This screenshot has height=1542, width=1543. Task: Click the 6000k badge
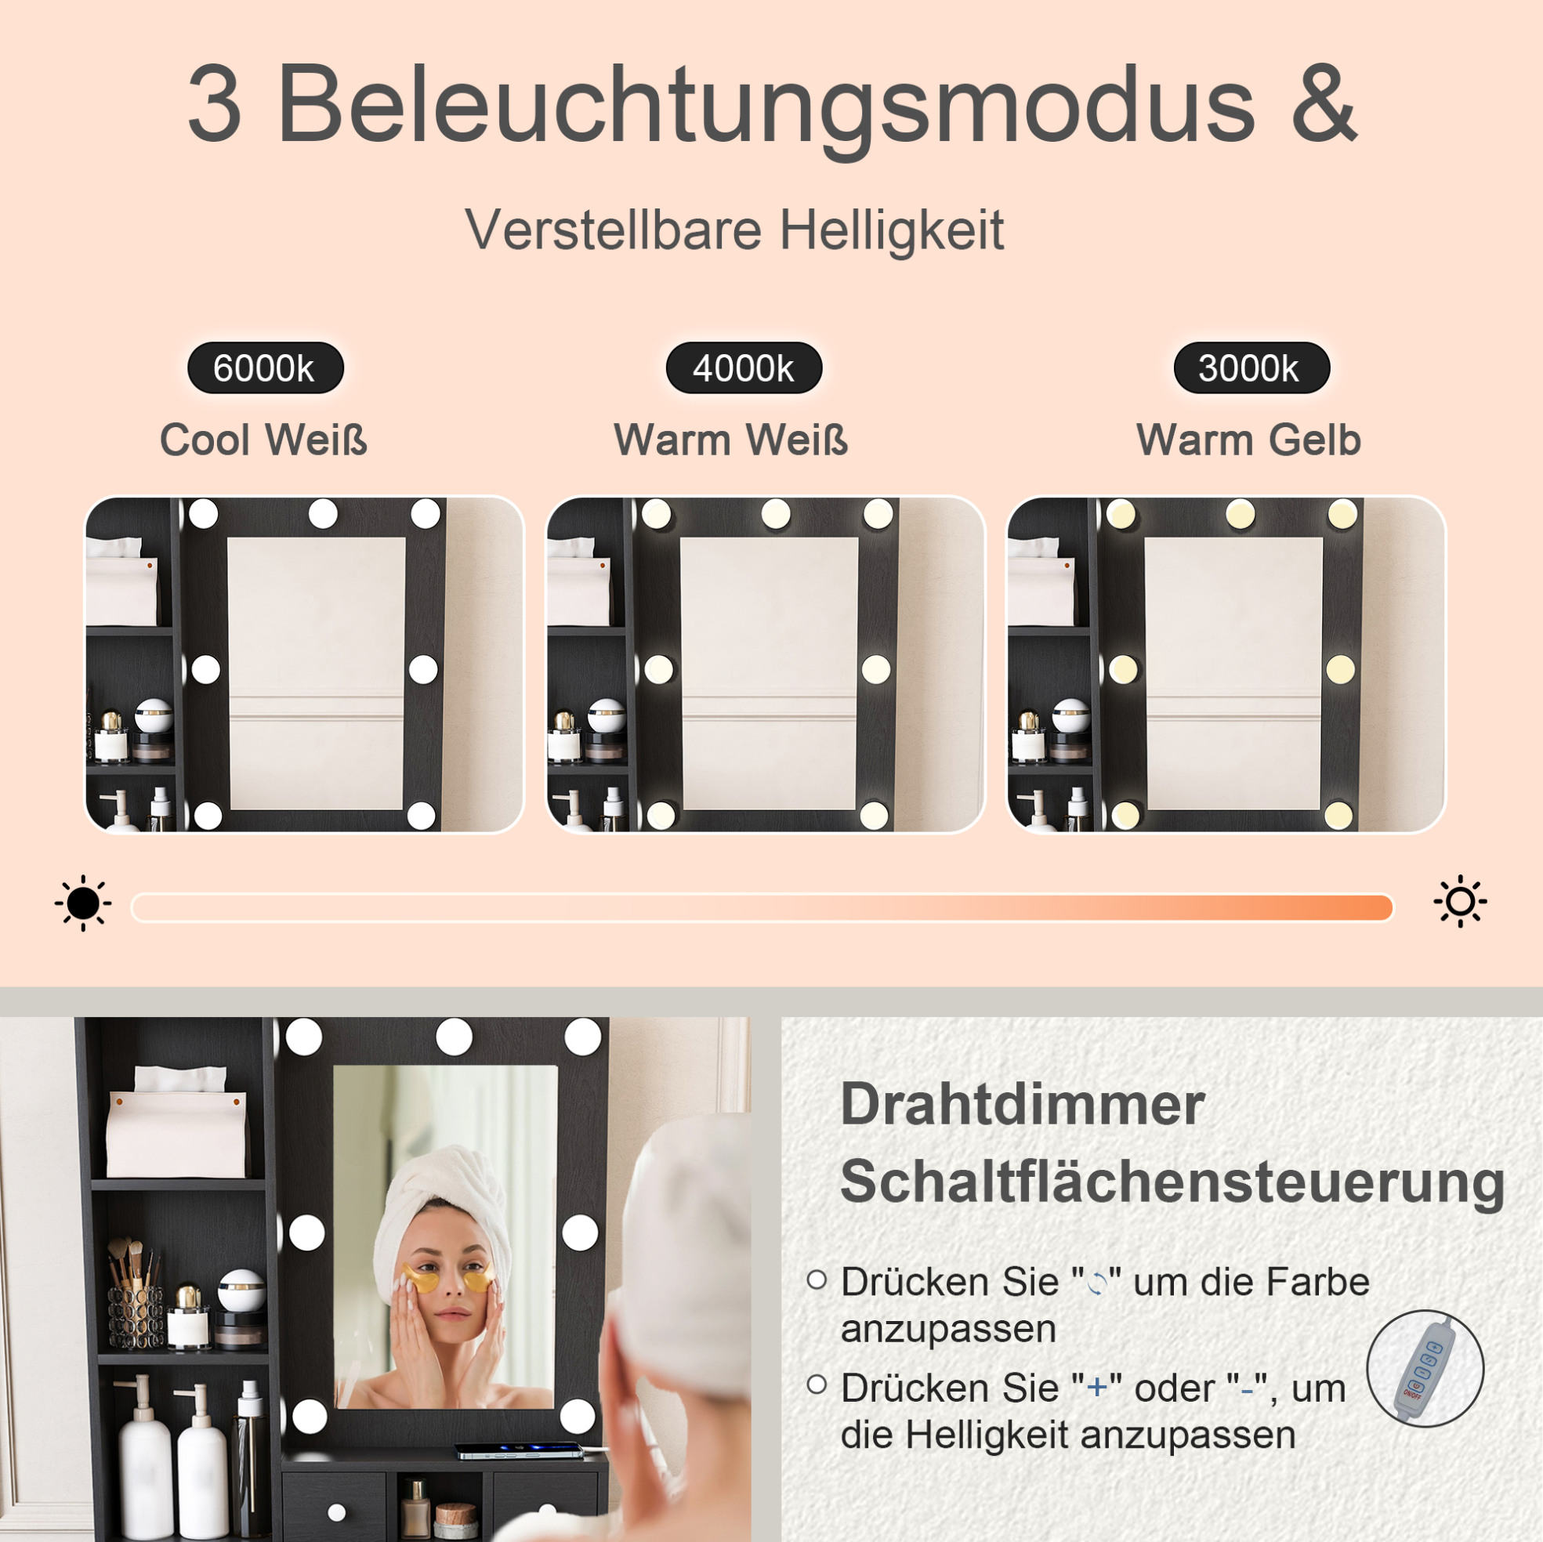tap(265, 368)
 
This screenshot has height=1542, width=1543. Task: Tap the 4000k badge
tap(744, 368)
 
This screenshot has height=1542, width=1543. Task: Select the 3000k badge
tap(1251, 368)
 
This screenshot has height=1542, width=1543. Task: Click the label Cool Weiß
tap(263, 440)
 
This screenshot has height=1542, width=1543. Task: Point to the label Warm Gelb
tap(1248, 440)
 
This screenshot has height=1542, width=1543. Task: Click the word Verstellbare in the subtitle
tap(614, 230)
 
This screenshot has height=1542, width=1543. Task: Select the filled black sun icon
tap(83, 903)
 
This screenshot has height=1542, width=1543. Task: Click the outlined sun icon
tap(1460, 902)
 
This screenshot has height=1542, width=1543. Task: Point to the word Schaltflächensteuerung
tap(1172, 1181)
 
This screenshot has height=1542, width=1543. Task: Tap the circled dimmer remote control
tap(1425, 1369)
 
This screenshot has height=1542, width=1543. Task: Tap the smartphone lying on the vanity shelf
tap(519, 1450)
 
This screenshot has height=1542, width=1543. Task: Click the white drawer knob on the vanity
tap(336, 1511)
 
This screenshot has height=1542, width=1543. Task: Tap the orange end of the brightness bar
tap(1374, 907)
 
